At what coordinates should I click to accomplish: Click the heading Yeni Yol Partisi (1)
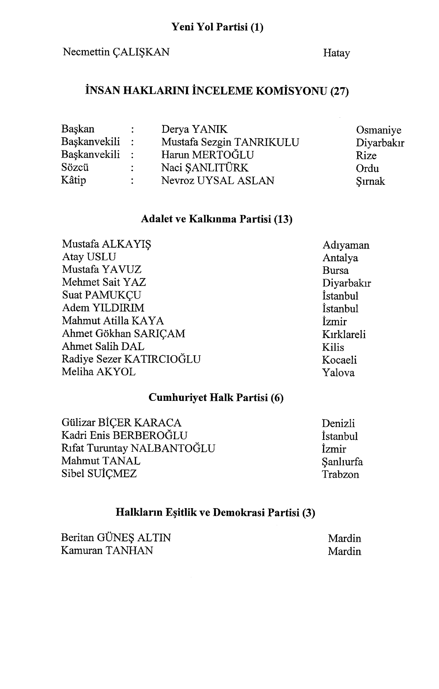217,27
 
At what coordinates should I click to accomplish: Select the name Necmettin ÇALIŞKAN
116,52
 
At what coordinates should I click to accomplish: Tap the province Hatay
336,53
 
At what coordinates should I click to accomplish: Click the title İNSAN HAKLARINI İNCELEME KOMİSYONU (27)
217,91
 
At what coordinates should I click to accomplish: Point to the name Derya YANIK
194,129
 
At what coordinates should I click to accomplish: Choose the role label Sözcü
75,168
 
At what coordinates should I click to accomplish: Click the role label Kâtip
74,180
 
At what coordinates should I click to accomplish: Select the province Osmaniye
378,130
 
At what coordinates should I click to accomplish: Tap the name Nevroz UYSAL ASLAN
218,181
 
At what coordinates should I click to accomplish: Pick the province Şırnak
370,182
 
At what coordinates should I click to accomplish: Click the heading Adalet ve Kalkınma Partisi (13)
216,219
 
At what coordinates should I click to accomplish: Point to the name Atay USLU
89,257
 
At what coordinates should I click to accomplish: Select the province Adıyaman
346,245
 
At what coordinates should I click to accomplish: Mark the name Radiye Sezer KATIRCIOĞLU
131,359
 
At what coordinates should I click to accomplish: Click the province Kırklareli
344,334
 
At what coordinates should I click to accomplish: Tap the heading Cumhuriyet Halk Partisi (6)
216,398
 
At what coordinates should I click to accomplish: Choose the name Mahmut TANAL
101,461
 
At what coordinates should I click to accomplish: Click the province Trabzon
340,475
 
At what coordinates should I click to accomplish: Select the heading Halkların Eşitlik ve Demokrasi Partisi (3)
215,512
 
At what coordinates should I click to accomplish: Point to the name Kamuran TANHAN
107,550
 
